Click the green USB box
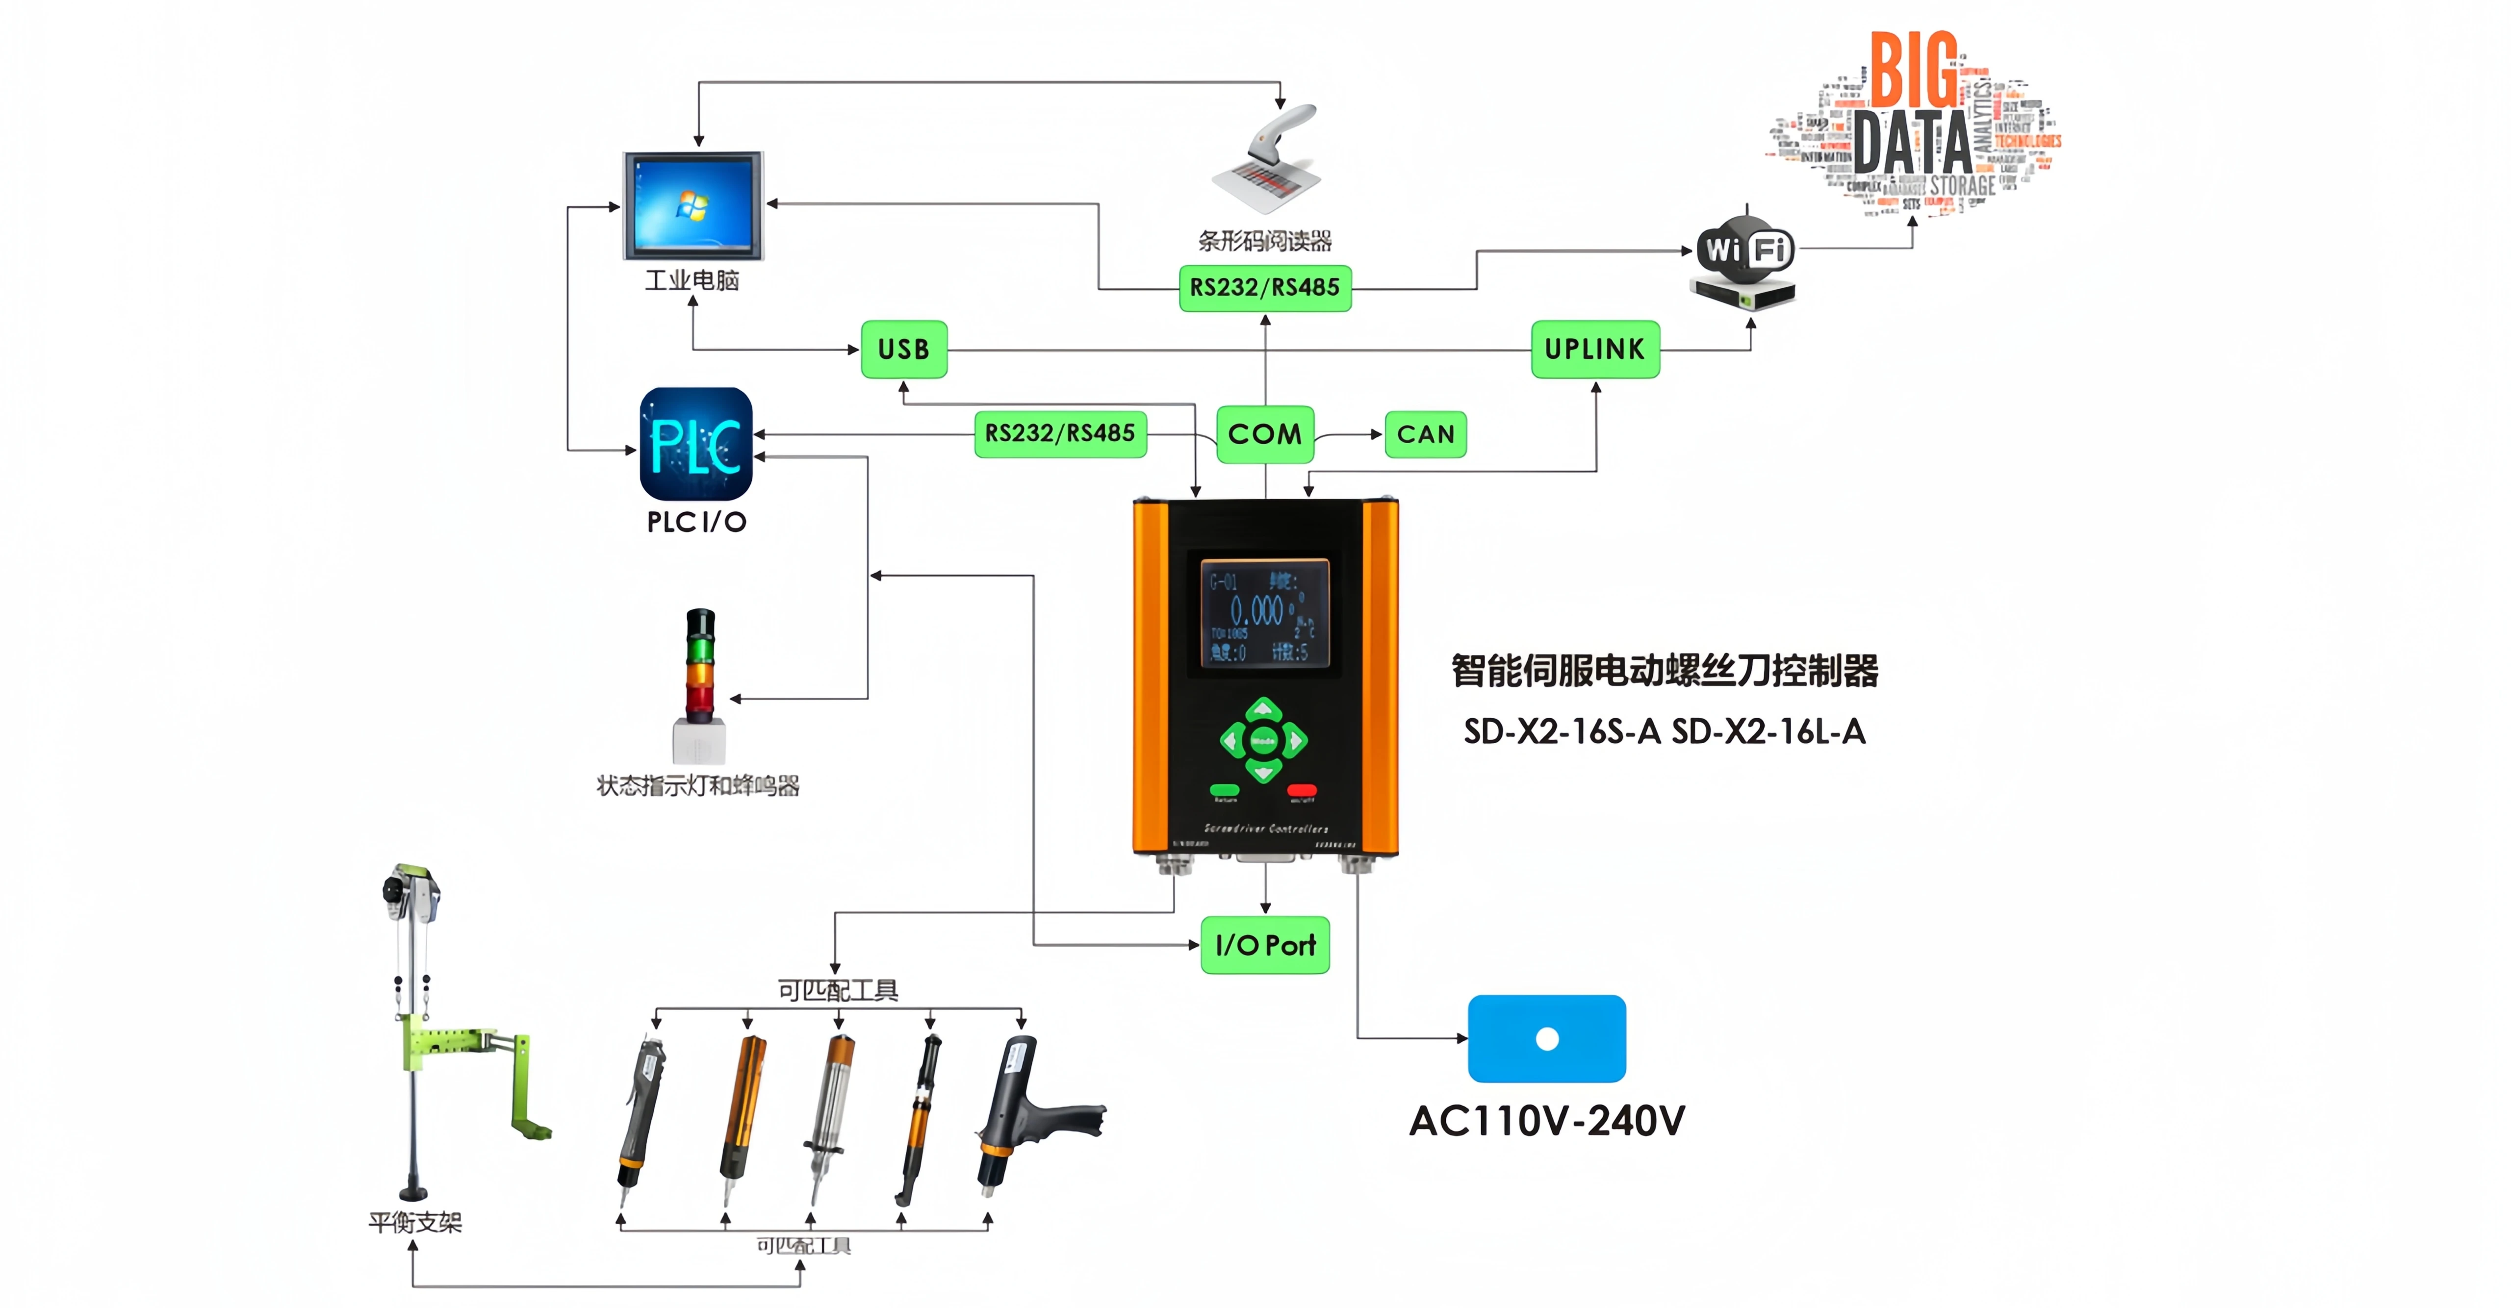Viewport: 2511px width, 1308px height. pos(903,349)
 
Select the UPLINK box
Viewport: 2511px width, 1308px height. pos(1595,349)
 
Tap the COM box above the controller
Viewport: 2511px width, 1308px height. pos(1264,434)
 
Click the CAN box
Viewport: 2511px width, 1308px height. pos(1425,434)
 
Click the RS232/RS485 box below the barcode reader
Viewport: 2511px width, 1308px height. pos(1264,287)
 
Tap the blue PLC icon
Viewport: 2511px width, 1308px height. pos(696,445)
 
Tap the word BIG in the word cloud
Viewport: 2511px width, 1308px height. pos(1914,70)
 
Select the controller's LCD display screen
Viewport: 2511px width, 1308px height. pos(1264,614)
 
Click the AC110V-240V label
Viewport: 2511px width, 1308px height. pos(1547,1121)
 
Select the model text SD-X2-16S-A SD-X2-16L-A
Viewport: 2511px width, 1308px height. pos(1664,731)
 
